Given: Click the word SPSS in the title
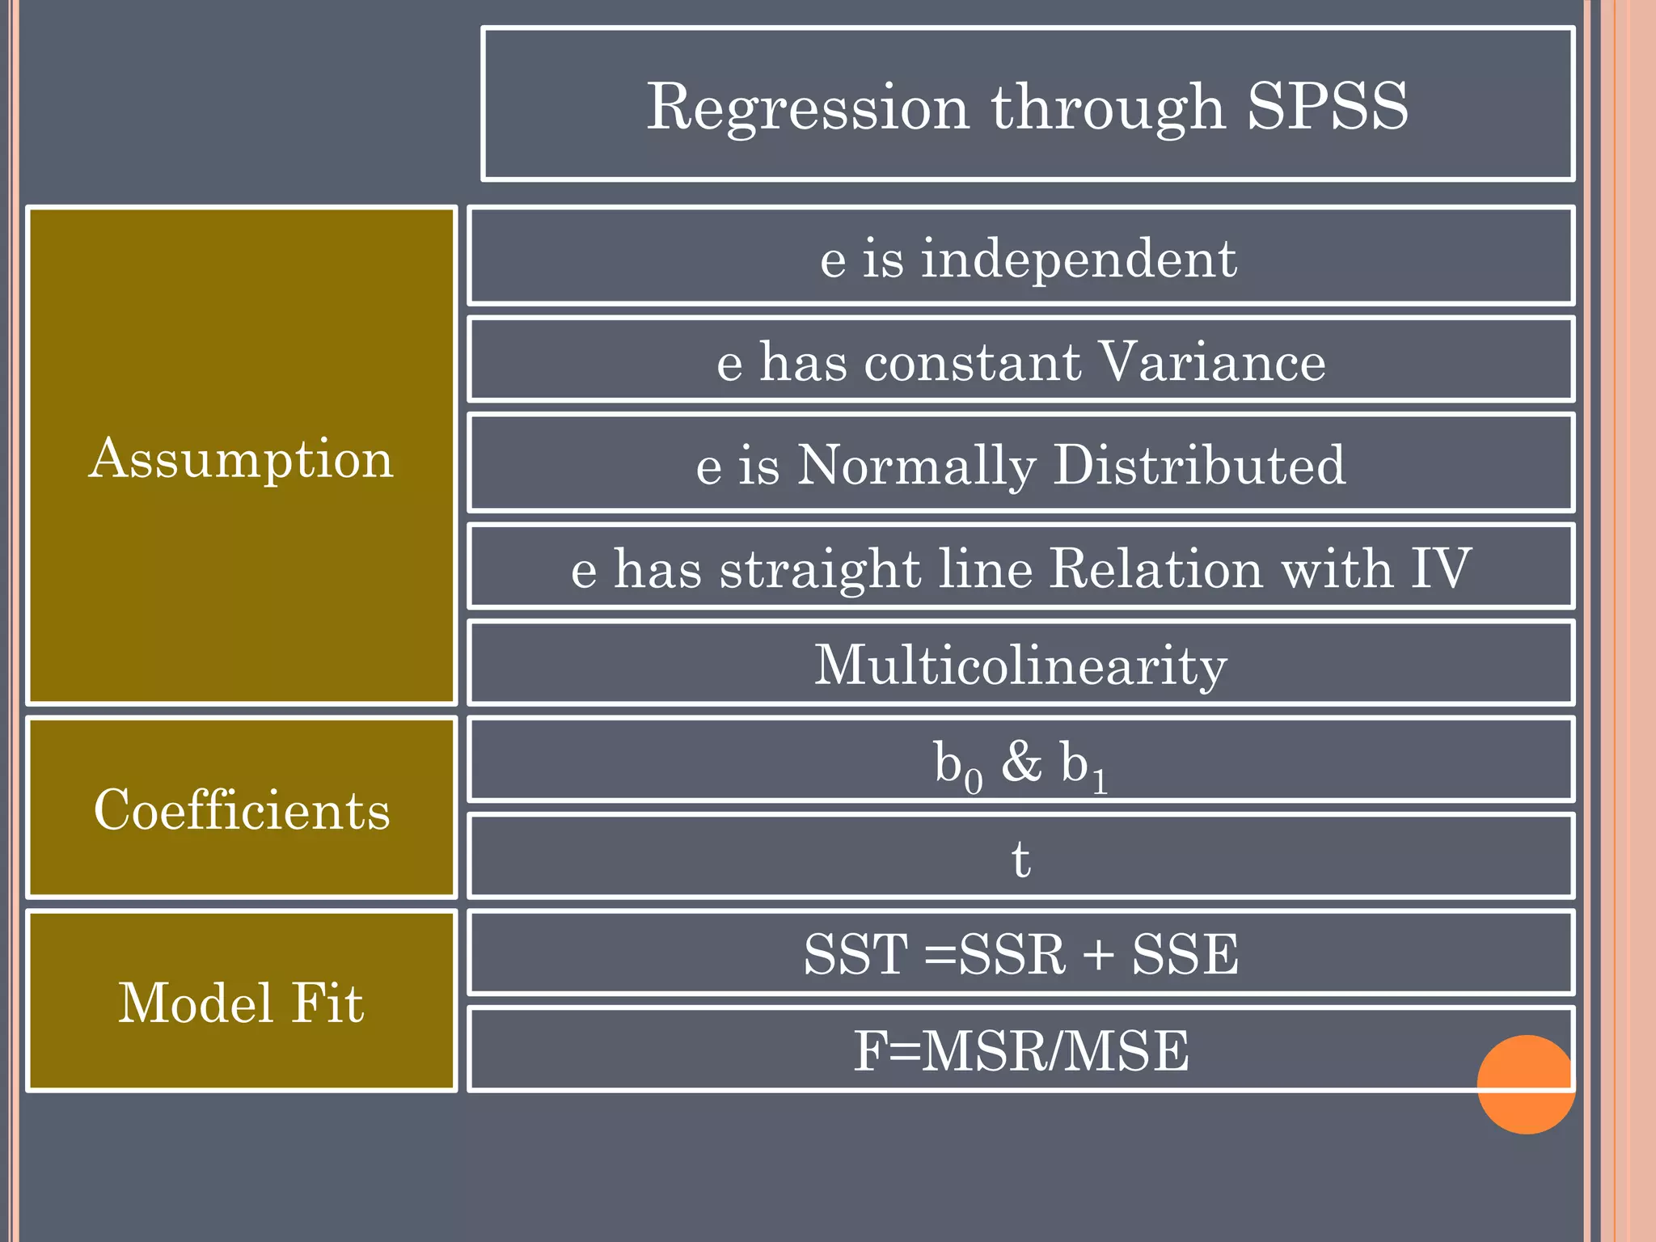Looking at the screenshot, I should (1327, 107).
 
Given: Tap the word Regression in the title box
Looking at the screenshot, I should (808, 107).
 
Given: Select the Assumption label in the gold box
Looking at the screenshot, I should (241, 458).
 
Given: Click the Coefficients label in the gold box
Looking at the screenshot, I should (241, 809).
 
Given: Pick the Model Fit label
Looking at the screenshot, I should (241, 1003).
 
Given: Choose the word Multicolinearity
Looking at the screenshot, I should (1020, 665).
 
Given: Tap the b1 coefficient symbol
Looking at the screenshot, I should (1084, 764).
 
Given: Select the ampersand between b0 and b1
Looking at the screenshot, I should (1021, 762).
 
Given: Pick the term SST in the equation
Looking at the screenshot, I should (855, 954).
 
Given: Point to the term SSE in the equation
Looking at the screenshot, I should (1185, 954).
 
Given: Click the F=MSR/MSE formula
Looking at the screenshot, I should (1020, 1051).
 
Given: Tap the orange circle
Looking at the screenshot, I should (1525, 1085).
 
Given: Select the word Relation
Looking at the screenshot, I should (1155, 568).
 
